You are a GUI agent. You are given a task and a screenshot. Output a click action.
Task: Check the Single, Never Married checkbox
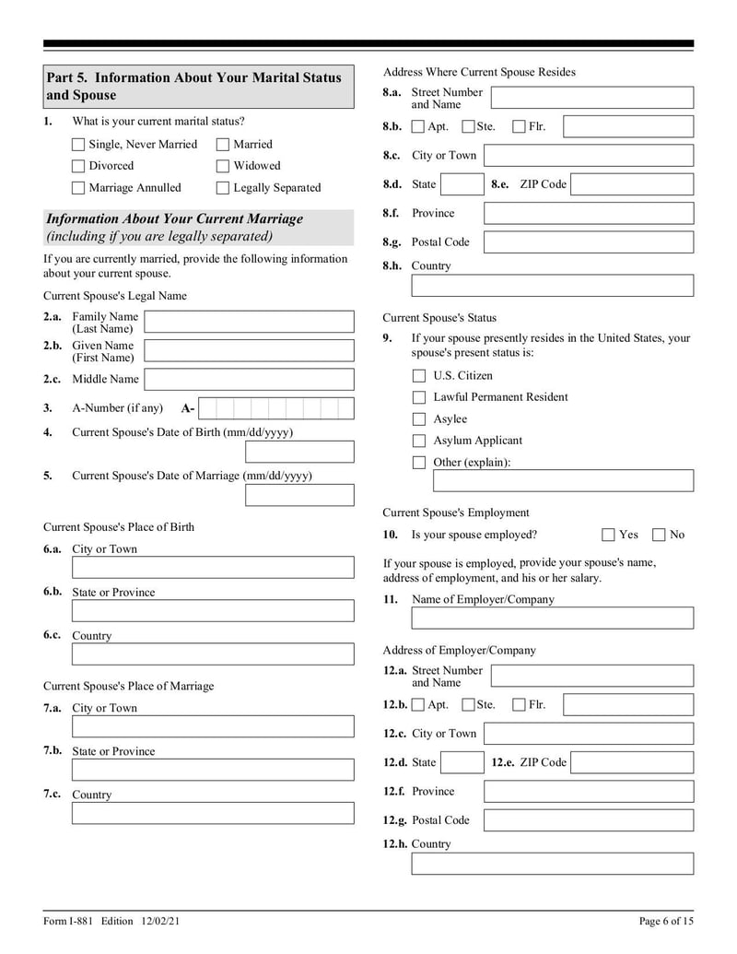pyautogui.click(x=78, y=145)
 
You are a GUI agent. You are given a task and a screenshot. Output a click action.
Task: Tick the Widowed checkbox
pyautogui.click(x=223, y=167)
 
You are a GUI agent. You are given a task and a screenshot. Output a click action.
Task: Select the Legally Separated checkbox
pyautogui.click(x=223, y=188)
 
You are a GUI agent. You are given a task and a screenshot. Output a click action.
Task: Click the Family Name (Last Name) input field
pyautogui.click(x=249, y=322)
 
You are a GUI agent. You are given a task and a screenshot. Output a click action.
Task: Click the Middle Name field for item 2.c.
pyautogui.click(x=249, y=379)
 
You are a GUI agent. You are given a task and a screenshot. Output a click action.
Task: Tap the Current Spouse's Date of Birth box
pyautogui.click(x=299, y=452)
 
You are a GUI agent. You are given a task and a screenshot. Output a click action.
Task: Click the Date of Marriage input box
pyautogui.click(x=299, y=495)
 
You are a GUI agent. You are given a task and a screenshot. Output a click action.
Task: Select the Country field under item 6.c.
pyautogui.click(x=213, y=654)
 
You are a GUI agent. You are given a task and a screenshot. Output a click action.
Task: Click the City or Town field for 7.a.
pyautogui.click(x=213, y=726)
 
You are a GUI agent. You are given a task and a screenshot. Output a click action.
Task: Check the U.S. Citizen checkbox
pyautogui.click(x=419, y=376)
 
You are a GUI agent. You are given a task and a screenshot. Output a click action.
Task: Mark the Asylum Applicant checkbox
pyautogui.click(x=419, y=441)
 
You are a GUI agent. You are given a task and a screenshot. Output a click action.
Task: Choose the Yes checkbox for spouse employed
pyautogui.click(x=609, y=535)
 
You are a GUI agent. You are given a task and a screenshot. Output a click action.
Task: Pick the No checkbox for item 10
pyautogui.click(x=660, y=535)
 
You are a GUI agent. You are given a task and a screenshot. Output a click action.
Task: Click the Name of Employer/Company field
pyautogui.click(x=552, y=618)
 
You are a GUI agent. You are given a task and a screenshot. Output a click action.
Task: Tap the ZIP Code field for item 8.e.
pyautogui.click(x=632, y=184)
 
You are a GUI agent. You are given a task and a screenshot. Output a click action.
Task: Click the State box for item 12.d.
pyautogui.click(x=462, y=762)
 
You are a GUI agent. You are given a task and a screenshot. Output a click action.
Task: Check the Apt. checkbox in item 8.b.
pyautogui.click(x=418, y=127)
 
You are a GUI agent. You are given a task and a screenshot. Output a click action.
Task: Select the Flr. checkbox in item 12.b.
pyautogui.click(x=520, y=705)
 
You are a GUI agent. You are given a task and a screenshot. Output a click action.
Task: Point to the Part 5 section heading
pyautogui.click(x=198, y=87)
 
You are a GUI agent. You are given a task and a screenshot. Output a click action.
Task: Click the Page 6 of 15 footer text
pyautogui.click(x=666, y=921)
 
